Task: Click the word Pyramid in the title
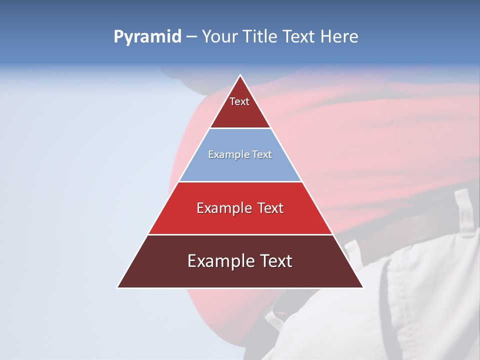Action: tap(147, 37)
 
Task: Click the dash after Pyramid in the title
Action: tap(191, 37)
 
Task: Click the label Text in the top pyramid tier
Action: tap(239, 102)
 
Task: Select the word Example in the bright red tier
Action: tap(222, 208)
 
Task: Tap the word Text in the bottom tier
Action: tap(274, 261)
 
